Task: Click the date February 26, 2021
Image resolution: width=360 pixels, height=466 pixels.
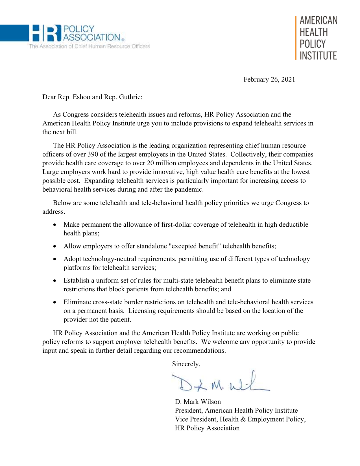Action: (269, 79)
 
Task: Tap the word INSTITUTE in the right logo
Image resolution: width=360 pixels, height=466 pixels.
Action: (318, 56)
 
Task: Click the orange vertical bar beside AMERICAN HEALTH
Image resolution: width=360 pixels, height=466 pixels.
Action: (296, 38)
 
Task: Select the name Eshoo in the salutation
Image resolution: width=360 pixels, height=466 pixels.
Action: (82, 97)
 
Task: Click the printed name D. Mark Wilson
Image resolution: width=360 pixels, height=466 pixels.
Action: (198, 402)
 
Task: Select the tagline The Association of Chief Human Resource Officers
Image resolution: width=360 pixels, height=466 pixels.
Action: (89, 46)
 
